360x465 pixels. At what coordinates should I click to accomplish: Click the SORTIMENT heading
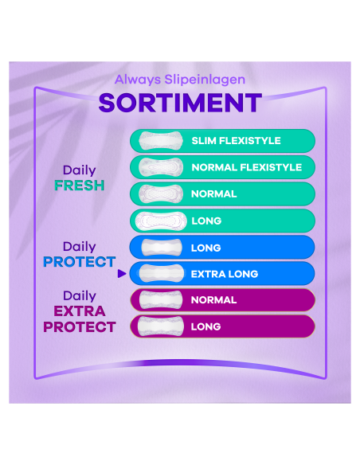point(179,103)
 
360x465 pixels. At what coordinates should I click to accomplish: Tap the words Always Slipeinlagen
point(179,79)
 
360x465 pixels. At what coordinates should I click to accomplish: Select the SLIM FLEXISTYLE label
point(236,141)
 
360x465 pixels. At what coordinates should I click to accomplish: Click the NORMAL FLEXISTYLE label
point(246,167)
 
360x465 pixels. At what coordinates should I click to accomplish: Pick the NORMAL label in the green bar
point(213,193)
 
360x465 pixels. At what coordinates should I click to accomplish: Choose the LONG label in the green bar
point(206,221)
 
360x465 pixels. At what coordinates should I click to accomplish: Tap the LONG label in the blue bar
point(206,248)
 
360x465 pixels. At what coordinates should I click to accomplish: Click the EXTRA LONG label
point(225,274)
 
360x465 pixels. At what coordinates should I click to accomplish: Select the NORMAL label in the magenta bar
point(213,300)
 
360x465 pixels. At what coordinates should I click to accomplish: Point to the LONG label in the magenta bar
point(206,326)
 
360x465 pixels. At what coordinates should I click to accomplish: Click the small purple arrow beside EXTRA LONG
point(121,274)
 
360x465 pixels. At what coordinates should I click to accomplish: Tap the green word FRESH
point(79,186)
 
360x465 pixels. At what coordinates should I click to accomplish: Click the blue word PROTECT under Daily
point(79,262)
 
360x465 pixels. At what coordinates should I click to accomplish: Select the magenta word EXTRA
point(79,311)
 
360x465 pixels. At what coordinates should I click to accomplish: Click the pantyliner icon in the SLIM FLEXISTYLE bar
point(156,141)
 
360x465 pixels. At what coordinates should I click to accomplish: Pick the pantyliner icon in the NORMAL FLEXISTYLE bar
point(156,167)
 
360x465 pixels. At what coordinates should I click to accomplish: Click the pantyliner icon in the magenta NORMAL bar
point(159,300)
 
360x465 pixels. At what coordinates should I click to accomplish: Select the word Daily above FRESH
point(79,170)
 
